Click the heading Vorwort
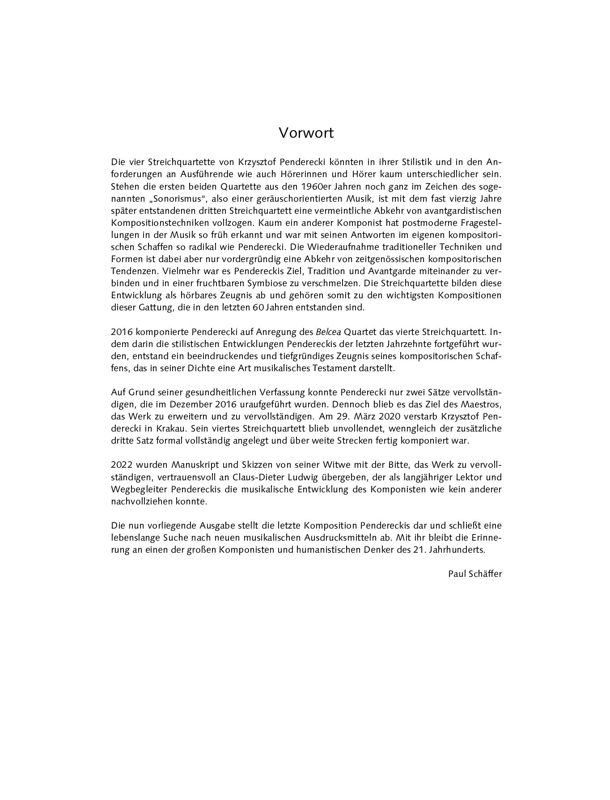(x=306, y=133)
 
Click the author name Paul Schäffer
(x=475, y=574)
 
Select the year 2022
(x=121, y=465)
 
